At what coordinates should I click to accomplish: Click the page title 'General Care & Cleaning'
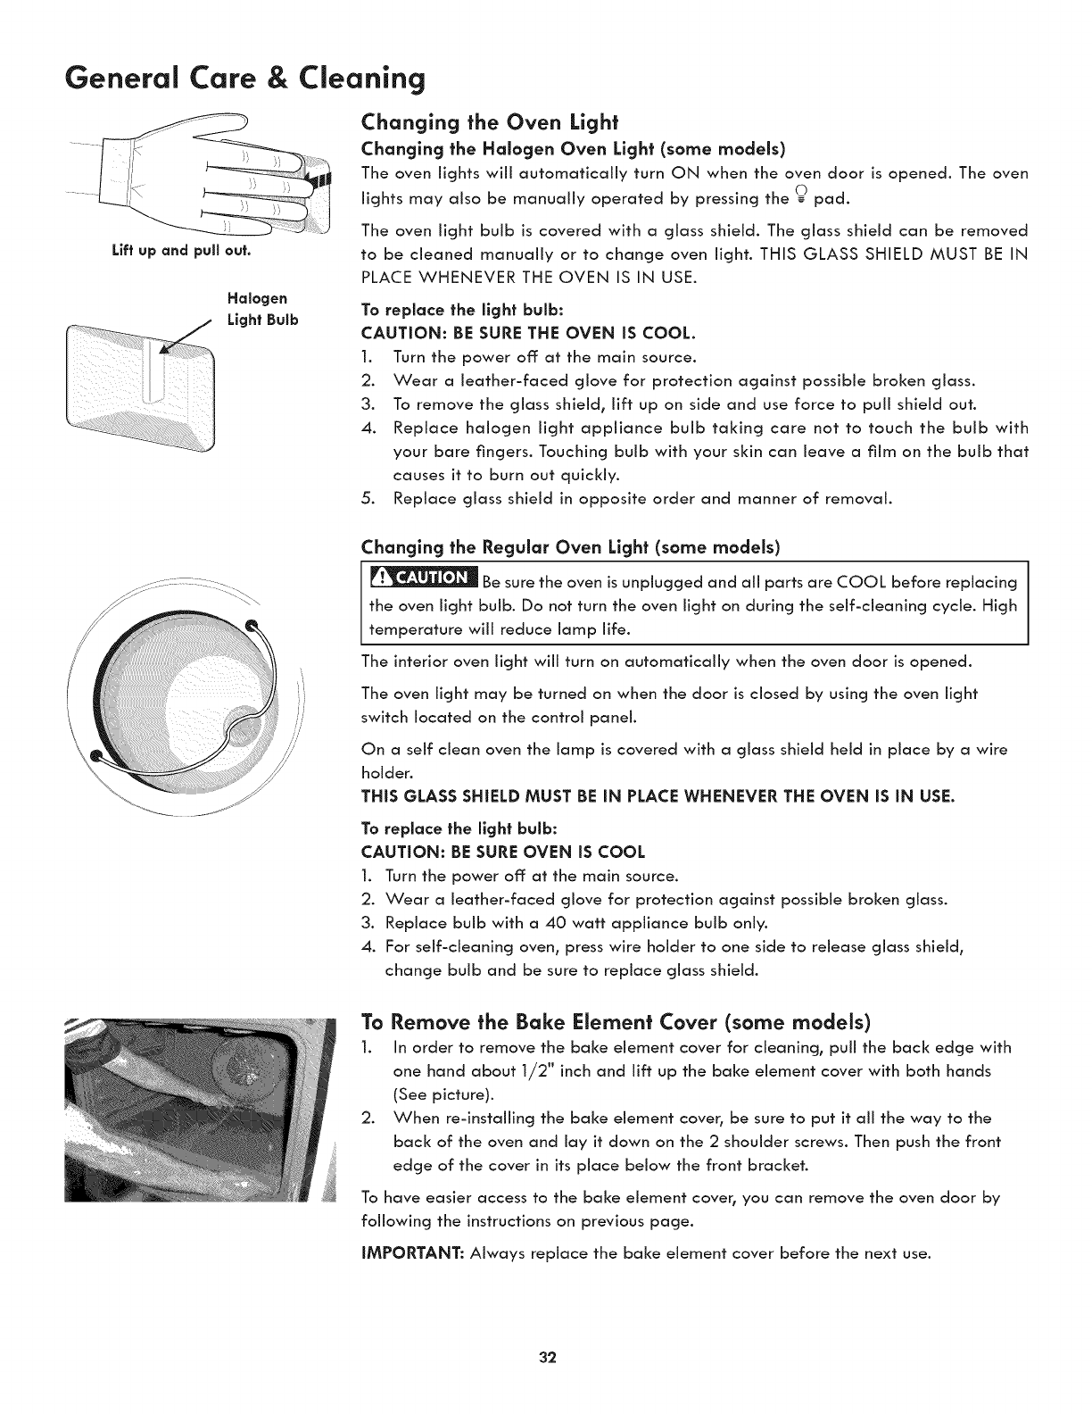(217, 79)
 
